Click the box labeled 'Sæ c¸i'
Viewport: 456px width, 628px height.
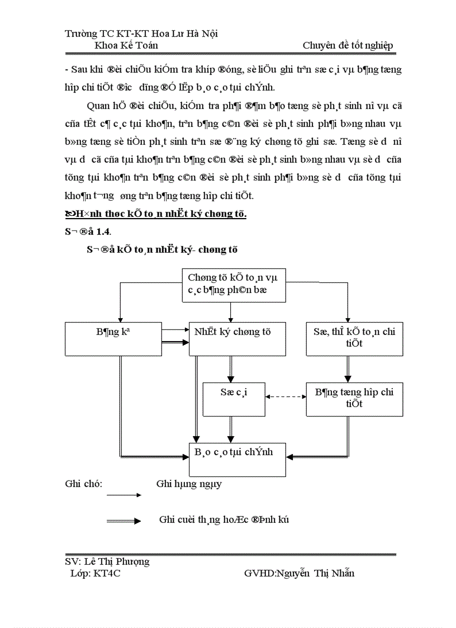coord(234,399)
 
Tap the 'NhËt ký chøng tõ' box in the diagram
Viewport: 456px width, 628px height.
coord(237,339)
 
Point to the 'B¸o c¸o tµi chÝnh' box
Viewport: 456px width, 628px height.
coord(237,459)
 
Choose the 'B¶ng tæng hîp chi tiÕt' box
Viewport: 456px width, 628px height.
coord(354,399)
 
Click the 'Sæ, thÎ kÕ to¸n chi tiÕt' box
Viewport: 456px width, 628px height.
coord(354,339)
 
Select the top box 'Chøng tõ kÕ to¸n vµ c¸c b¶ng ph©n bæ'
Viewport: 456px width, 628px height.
coord(234,285)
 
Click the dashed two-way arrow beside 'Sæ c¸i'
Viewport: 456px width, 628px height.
coord(286,396)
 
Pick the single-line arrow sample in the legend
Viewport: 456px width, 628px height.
coord(123,495)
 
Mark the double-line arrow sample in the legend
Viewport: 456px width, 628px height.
coord(123,521)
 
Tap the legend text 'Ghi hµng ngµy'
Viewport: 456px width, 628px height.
coord(189,484)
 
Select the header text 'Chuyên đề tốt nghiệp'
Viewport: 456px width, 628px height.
coord(348,45)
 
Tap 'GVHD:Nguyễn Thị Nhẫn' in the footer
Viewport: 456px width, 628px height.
coord(299,573)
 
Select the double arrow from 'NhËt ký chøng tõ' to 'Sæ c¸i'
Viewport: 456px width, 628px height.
coord(230,369)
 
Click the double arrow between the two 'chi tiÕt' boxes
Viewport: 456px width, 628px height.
coord(348,369)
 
